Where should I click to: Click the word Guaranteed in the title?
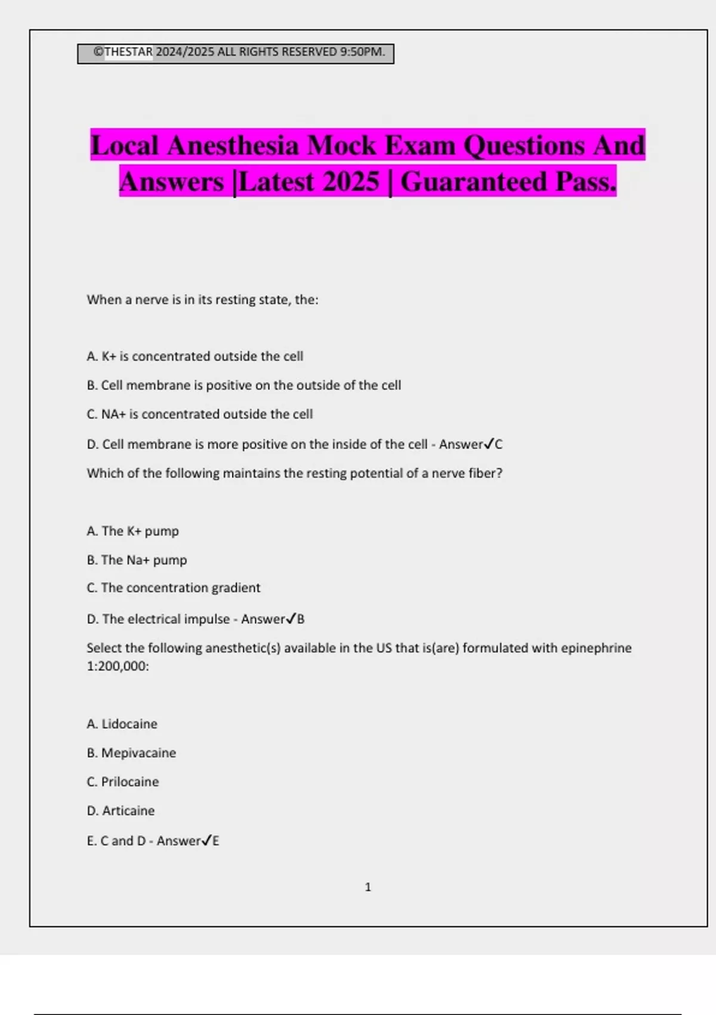(474, 182)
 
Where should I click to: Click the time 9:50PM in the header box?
(361, 52)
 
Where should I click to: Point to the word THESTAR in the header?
(128, 52)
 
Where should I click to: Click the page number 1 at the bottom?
(368, 887)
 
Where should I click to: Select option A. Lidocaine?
(122, 724)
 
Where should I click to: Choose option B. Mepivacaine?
(131, 753)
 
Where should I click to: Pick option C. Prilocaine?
(123, 782)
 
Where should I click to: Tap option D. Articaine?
(121, 811)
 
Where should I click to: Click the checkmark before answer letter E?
(206, 840)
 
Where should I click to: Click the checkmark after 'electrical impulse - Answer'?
(291, 619)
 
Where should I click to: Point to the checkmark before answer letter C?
(489, 444)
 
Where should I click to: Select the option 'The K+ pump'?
(133, 531)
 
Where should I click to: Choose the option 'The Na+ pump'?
(137, 560)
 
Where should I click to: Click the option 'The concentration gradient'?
(174, 588)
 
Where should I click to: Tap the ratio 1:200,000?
(117, 666)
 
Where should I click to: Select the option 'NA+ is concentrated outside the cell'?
(200, 414)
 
